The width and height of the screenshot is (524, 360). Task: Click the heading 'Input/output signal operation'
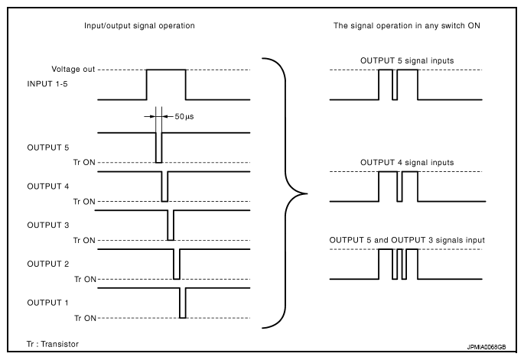pos(139,26)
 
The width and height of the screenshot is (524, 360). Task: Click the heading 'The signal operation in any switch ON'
pos(407,26)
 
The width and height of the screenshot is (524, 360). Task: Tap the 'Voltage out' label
pos(73,69)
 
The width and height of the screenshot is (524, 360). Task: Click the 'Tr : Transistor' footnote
pos(51,344)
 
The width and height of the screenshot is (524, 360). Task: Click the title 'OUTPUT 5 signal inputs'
pos(407,60)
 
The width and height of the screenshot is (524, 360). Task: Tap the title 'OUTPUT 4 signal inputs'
pos(407,162)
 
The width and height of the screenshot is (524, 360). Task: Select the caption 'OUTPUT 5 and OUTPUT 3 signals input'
pos(407,240)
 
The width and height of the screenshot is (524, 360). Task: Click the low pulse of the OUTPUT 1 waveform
pos(183,306)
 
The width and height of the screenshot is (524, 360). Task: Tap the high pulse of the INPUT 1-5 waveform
pos(167,70)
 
